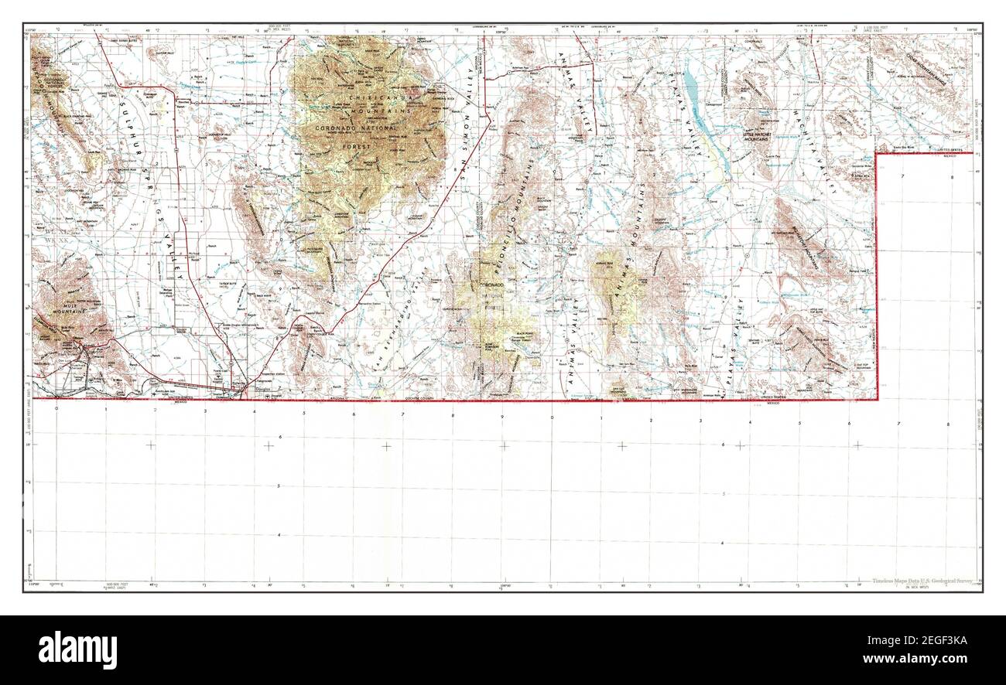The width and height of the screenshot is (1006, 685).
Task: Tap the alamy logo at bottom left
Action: pos(77,649)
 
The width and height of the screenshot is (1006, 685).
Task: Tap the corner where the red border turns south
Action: pos(876,154)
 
